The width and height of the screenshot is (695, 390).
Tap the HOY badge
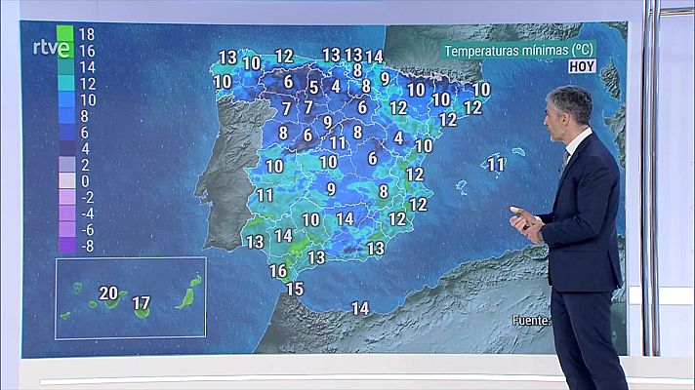click(x=583, y=67)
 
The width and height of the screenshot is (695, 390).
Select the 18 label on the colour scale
click(x=86, y=33)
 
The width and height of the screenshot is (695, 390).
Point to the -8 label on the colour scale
click(x=86, y=246)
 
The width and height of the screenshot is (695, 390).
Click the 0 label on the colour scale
click(x=86, y=181)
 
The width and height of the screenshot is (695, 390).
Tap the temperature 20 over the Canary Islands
click(x=107, y=292)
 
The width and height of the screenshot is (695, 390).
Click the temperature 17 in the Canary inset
click(x=141, y=303)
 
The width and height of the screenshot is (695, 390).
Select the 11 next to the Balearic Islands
click(x=496, y=165)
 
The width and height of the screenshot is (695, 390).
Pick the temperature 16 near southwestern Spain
click(x=278, y=270)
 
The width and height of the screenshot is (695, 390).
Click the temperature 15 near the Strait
click(x=294, y=288)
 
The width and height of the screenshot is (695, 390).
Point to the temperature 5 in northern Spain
click(x=313, y=87)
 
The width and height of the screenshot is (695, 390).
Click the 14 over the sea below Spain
click(x=359, y=308)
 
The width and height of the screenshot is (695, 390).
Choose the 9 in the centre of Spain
click(x=331, y=188)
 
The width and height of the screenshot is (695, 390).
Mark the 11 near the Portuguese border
click(x=265, y=195)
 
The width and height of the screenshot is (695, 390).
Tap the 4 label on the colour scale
click(x=86, y=148)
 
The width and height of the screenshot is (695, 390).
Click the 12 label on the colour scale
click(x=86, y=84)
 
